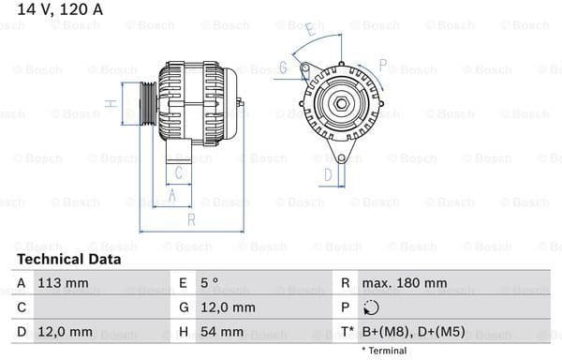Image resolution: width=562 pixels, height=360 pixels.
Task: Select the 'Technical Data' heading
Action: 68,259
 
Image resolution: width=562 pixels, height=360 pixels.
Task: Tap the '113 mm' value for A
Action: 63,282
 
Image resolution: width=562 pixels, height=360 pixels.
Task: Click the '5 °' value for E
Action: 211,282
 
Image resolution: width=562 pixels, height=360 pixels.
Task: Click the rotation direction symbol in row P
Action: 372,307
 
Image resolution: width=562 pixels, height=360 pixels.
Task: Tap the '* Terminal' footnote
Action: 385,351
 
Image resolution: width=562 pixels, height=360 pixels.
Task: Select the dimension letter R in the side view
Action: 190,219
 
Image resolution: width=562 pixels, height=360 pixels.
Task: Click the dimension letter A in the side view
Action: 171,195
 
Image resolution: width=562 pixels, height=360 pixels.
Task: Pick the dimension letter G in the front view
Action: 282,67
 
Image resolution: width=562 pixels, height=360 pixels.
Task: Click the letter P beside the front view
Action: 382,65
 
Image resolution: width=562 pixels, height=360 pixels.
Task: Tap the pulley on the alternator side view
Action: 147,103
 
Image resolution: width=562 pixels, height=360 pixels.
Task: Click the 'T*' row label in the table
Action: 346,332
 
